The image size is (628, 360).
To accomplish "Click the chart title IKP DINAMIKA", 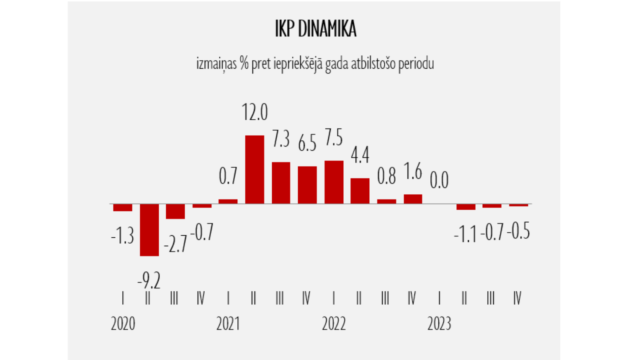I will click(315, 29).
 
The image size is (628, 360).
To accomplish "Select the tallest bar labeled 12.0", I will click(255, 170).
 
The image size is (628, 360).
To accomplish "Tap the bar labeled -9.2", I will click(149, 230).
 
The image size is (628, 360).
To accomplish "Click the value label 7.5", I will click(334, 138).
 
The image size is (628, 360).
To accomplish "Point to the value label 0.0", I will click(439, 180).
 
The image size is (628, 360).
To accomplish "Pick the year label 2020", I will click(123, 324).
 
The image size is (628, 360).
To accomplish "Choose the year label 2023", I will click(439, 324).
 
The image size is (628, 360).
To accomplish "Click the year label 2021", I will click(228, 324).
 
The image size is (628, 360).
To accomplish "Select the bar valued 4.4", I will click(360, 191).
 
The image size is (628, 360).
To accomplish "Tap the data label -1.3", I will click(122, 236).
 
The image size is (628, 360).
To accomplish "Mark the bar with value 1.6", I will click(413, 199).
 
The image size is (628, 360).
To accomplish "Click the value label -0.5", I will click(518, 231).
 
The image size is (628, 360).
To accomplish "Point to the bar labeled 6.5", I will click(307, 185).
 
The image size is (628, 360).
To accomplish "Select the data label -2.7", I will click(175, 244).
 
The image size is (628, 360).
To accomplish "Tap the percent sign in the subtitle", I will click(245, 64).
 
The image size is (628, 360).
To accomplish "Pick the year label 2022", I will click(334, 324).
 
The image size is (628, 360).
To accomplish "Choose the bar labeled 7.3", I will click(281, 183).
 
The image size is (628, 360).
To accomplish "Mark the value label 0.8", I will click(386, 176).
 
